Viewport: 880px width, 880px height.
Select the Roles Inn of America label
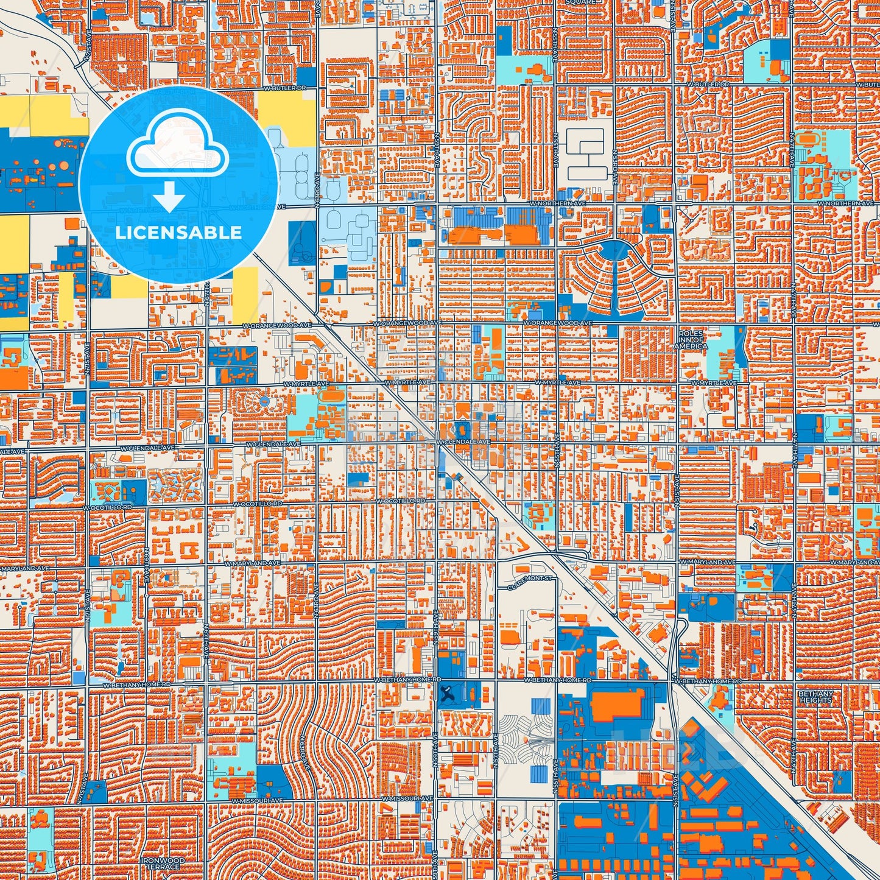click(x=691, y=340)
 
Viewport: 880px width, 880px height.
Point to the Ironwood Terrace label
click(x=161, y=864)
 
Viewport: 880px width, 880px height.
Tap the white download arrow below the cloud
click(x=169, y=197)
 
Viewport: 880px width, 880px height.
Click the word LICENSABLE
click(x=178, y=232)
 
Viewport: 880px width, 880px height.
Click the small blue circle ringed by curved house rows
click(x=264, y=401)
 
